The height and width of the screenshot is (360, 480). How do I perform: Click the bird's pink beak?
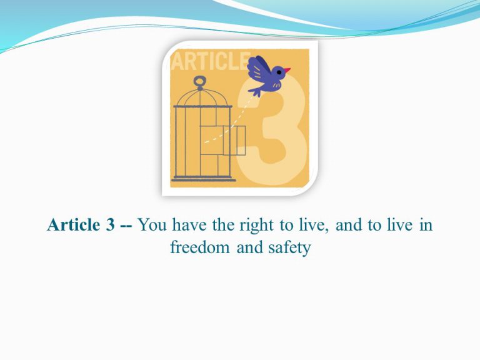[287, 71]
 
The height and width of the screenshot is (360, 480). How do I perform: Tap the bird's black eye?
[279, 72]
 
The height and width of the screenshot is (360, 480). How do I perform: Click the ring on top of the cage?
[199, 82]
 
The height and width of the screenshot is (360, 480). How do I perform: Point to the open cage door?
[234, 141]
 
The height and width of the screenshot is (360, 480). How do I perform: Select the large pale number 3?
[272, 129]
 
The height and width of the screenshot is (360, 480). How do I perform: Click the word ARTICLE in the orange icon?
[211, 61]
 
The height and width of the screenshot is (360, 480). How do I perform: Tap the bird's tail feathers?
[255, 91]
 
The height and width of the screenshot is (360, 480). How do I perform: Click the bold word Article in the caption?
[74, 225]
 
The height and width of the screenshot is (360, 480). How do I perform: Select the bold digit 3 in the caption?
[110, 225]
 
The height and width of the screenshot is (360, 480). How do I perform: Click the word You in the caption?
[152, 225]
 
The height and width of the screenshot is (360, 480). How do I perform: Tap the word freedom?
[199, 247]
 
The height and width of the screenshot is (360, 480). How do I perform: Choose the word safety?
[289, 248]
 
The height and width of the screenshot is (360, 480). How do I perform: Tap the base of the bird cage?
[204, 179]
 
